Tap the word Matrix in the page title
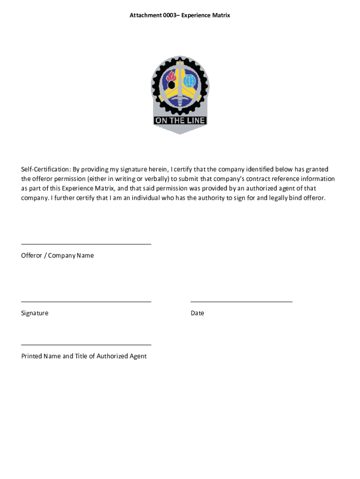click(x=221, y=15)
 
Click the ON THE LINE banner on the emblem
click(x=180, y=120)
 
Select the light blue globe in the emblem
click(x=189, y=81)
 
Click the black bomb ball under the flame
click(x=171, y=85)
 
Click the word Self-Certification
click(x=45, y=169)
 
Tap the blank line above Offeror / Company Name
click(x=86, y=244)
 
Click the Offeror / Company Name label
click(x=58, y=255)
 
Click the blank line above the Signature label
click(x=86, y=302)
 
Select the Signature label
click(x=35, y=313)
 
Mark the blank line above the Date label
click(x=241, y=302)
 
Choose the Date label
click(x=197, y=313)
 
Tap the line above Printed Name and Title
click(x=86, y=345)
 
